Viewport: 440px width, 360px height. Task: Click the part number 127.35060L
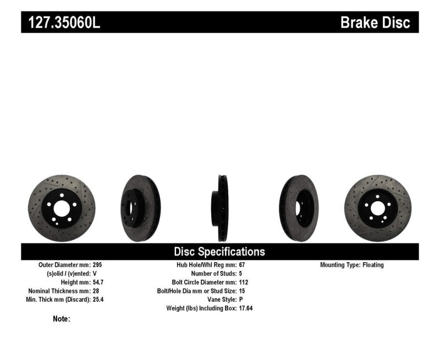61,23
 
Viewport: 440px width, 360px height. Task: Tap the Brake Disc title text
375,23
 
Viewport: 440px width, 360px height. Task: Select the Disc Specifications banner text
219,252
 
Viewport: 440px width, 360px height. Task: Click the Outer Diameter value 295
97,265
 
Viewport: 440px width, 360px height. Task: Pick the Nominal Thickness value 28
96,291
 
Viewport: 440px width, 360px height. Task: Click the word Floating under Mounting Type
373,265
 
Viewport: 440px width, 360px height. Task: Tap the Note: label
61,319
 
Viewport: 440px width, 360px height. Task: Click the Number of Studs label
213,274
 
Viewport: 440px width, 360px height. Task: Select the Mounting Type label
340,265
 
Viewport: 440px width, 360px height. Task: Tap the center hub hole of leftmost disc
62,208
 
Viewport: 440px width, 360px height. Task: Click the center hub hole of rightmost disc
377,208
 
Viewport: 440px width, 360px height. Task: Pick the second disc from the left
140,208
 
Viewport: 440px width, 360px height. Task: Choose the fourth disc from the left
299,208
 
